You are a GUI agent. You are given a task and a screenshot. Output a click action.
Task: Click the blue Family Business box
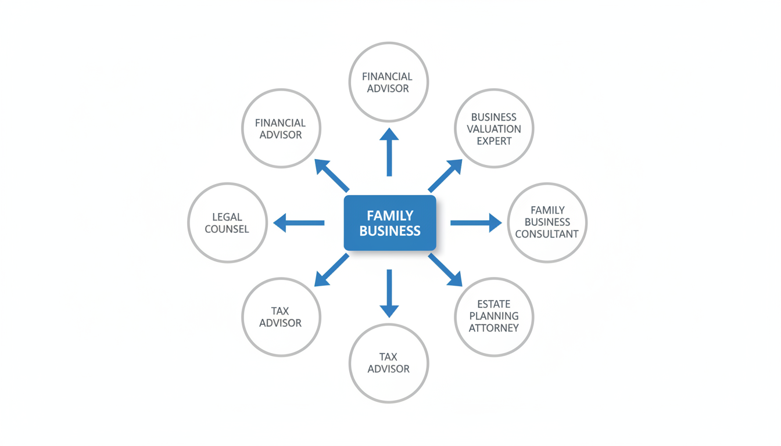(x=389, y=223)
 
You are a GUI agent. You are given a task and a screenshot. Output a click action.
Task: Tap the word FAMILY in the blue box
(x=390, y=215)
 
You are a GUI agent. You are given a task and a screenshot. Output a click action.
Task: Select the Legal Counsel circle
(x=227, y=223)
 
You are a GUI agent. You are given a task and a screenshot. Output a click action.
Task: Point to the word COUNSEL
(x=227, y=229)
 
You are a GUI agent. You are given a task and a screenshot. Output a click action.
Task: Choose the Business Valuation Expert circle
(x=493, y=128)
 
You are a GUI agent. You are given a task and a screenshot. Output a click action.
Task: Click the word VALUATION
(x=494, y=129)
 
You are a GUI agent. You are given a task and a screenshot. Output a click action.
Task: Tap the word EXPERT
(x=494, y=141)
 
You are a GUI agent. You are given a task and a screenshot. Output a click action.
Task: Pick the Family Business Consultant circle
(x=547, y=222)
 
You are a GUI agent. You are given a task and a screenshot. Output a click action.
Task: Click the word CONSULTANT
(x=547, y=235)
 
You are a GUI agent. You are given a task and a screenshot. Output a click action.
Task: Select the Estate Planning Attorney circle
(x=493, y=316)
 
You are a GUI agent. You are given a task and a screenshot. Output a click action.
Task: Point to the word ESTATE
(x=494, y=304)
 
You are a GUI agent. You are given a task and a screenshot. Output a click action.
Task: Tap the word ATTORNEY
(x=494, y=328)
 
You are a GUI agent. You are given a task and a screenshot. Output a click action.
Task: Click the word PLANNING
(x=494, y=316)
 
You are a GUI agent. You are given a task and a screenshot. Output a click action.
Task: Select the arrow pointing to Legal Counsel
(x=298, y=223)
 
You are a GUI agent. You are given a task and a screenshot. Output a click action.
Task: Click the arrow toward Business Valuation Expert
(x=446, y=175)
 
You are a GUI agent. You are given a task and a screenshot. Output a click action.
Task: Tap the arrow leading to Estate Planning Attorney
(x=446, y=271)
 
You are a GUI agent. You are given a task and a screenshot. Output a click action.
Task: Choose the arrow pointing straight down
(x=389, y=293)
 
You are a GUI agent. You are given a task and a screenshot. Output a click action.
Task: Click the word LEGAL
(x=227, y=217)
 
